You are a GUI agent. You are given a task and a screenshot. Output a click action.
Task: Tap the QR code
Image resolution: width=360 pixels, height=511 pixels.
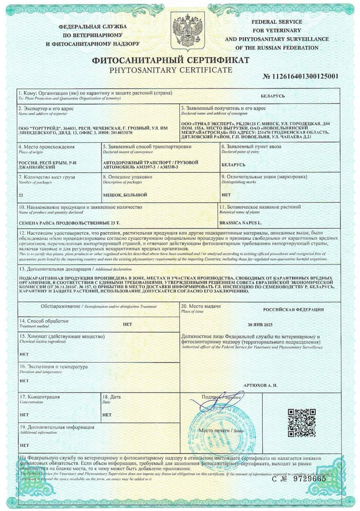point(301,423)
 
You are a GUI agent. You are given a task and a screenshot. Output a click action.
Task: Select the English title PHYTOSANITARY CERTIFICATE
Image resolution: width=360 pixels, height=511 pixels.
point(171,70)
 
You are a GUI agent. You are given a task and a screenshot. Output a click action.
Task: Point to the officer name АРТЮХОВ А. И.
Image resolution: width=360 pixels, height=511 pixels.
point(260,385)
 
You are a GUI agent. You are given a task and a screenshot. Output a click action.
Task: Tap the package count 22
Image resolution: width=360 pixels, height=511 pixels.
point(21,195)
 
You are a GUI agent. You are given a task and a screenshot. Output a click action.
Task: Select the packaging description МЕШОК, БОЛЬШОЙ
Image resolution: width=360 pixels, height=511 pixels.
point(125,195)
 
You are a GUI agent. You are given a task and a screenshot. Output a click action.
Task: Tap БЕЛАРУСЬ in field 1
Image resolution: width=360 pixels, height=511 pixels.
point(273,96)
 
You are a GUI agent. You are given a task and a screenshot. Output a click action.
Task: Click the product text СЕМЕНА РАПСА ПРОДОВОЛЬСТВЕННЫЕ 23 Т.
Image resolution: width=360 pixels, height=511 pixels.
point(69,222)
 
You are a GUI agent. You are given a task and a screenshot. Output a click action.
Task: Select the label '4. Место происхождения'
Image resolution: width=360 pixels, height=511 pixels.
point(47,147)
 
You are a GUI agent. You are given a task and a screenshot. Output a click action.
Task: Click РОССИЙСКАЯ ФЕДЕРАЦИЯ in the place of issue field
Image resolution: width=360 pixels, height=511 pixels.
point(293,310)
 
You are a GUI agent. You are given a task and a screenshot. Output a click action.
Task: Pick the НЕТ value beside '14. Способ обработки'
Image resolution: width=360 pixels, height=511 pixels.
point(127,324)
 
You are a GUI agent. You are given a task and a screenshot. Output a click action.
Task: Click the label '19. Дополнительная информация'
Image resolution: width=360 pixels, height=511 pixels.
point(57,427)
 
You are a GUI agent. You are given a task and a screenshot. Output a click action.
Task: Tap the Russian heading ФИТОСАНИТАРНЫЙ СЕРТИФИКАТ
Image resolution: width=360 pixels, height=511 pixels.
point(171,60)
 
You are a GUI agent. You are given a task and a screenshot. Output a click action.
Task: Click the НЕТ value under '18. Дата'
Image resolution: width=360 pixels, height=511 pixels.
point(107,415)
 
